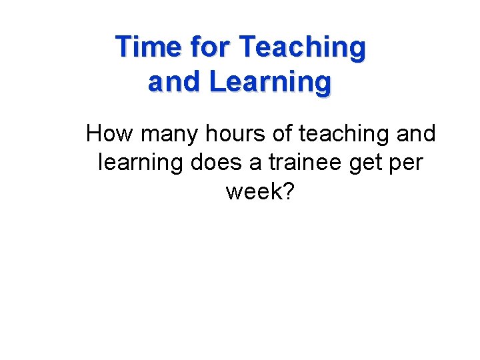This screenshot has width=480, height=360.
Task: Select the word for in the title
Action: click(209, 47)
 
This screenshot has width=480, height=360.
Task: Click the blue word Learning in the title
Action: click(269, 83)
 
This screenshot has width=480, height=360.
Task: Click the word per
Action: click(405, 163)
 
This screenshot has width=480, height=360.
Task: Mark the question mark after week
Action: click(287, 191)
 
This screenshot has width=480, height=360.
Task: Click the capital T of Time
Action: click(123, 47)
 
